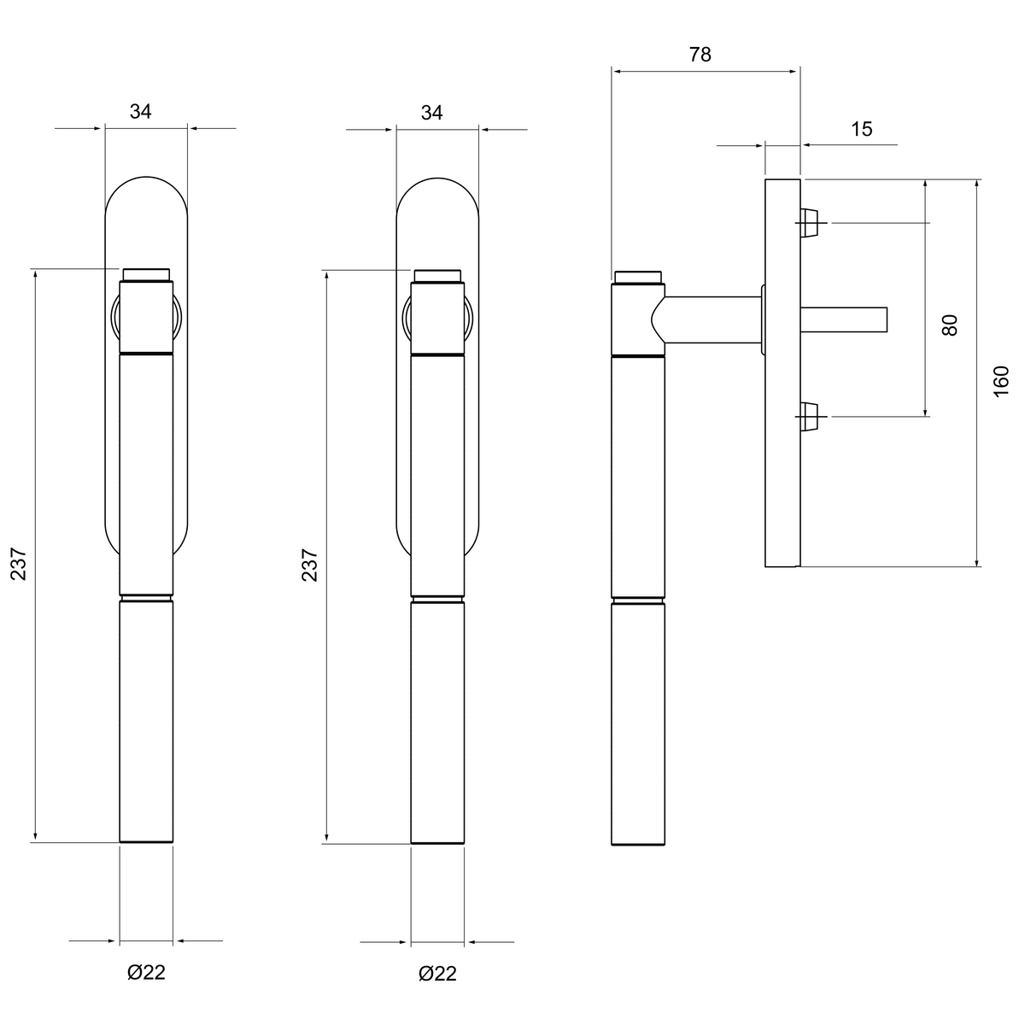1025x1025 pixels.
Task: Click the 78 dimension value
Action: (700, 55)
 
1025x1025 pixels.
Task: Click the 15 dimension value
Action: (862, 129)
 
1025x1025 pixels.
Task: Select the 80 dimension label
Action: (950, 325)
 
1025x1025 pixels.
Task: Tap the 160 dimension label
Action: (1001, 381)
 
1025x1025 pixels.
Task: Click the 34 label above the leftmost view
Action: (140, 111)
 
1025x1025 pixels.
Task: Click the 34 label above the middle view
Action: (431, 112)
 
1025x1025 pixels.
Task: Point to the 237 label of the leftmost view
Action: (19, 564)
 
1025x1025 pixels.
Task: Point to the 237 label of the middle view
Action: (309, 565)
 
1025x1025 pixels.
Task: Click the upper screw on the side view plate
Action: (810, 222)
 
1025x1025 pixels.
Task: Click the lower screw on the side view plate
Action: (810, 416)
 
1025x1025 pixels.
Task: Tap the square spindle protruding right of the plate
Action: (844, 319)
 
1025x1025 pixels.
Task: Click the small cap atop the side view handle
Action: (638, 278)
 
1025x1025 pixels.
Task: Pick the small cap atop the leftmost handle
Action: (146, 274)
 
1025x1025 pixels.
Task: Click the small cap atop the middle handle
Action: (437, 276)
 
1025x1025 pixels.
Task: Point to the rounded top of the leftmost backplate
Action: (146, 177)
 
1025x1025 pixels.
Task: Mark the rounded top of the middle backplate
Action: (437, 179)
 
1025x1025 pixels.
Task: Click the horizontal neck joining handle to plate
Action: (712, 319)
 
